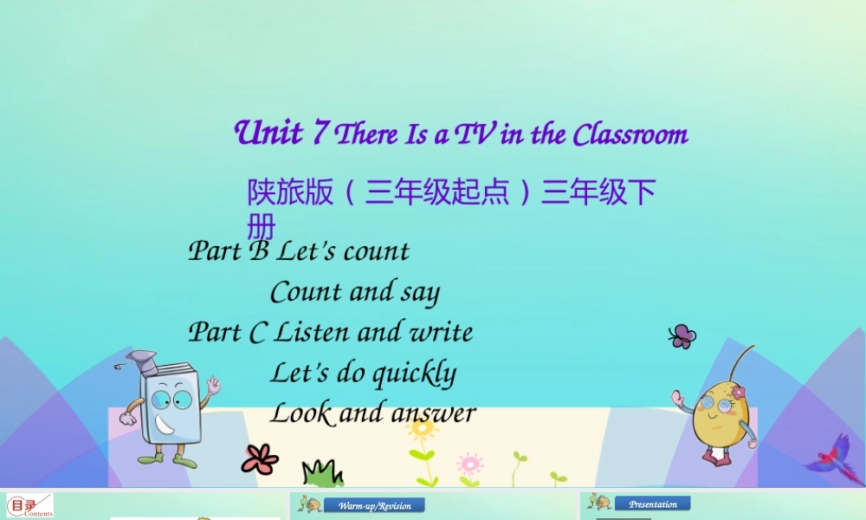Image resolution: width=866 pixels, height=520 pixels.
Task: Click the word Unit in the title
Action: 268,133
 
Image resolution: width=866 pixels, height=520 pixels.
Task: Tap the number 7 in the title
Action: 320,133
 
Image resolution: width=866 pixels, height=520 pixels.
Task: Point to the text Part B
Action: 229,251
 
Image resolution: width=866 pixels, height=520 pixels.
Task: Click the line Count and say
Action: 355,292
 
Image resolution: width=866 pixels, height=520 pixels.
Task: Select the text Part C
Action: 228,333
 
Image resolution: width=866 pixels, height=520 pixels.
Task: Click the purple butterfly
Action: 682,336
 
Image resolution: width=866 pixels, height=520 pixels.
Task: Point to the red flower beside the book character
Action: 259,458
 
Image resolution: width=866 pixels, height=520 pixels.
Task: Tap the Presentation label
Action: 653,504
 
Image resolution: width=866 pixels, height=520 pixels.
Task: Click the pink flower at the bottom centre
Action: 469,463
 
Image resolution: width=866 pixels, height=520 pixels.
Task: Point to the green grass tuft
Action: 322,473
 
